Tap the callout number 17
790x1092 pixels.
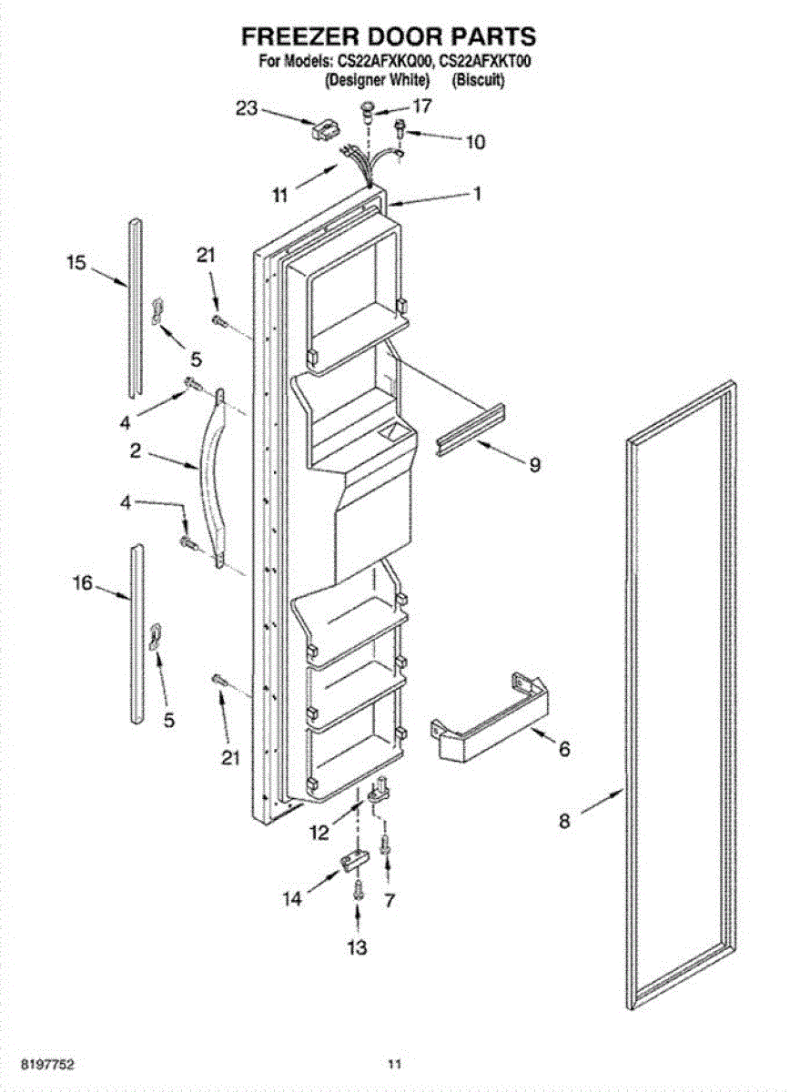coord(422,106)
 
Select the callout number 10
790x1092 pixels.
coord(475,142)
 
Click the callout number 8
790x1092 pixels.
coord(564,821)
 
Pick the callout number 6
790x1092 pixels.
coord(563,749)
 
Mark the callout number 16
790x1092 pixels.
coord(83,583)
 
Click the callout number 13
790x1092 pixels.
coord(358,948)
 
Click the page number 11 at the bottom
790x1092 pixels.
coord(394,1063)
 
